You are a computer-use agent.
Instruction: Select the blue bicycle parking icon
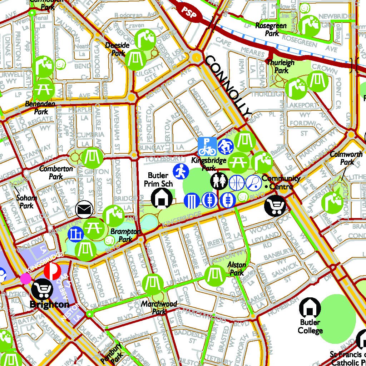(x=207, y=146)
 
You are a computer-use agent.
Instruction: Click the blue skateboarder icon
(x=225, y=146)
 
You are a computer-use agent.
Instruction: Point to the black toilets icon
(x=219, y=181)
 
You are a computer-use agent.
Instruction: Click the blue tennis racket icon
(x=253, y=183)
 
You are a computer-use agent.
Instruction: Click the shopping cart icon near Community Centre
(x=275, y=206)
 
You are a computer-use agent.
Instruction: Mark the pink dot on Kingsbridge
(x=26, y=278)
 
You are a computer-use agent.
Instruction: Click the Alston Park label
(x=237, y=269)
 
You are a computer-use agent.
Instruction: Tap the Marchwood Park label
(x=159, y=307)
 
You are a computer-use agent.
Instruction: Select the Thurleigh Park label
(x=281, y=66)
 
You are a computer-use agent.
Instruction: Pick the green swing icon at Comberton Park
(x=92, y=157)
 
